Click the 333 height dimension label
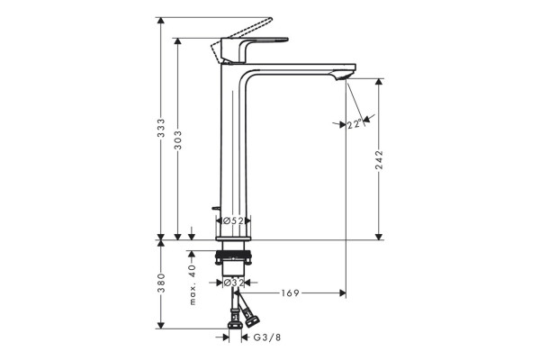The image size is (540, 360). coord(161,128)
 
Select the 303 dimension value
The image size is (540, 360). coord(177,140)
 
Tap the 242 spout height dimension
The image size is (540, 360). coord(379,160)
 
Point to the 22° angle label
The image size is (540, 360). coord(355,124)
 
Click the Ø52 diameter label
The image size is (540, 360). coord(233,220)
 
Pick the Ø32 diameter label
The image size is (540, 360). coord(233,283)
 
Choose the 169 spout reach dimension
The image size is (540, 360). coord(291,293)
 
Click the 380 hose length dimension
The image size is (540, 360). coord(161,283)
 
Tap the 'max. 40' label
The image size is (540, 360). coord(193,284)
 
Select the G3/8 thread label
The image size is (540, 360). coord(267,337)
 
